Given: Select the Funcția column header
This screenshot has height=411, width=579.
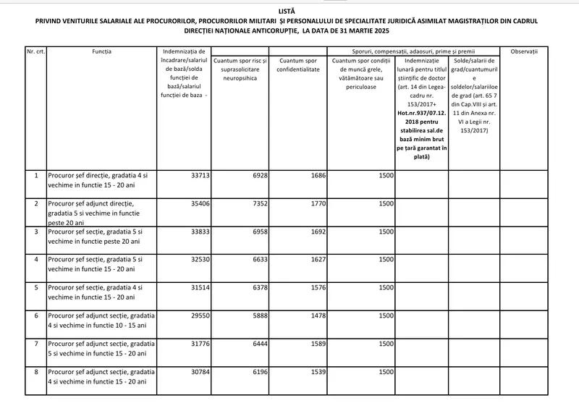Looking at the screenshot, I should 102,53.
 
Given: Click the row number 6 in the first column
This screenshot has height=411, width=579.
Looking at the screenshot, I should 35,315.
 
